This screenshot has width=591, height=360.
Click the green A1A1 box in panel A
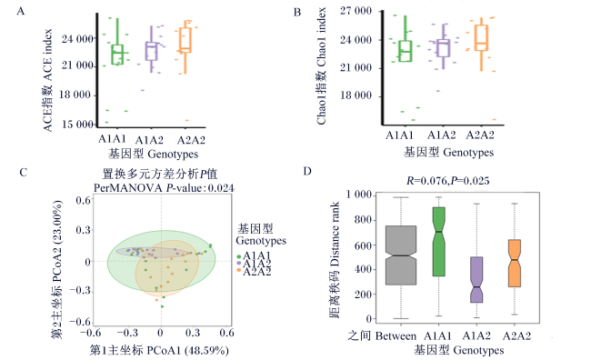[117, 55]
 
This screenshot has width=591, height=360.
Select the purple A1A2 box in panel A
[152, 51]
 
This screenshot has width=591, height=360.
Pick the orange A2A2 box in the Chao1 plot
[481, 37]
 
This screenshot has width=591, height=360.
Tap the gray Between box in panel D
[401, 255]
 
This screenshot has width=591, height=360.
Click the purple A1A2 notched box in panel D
[476, 279]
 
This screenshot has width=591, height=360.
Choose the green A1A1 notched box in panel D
[439, 242]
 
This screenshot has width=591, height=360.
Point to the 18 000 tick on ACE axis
[75, 95]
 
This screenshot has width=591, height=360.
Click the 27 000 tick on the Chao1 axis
[356, 11]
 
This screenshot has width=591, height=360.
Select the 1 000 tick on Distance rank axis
[359, 195]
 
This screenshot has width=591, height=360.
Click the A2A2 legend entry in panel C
[254, 272]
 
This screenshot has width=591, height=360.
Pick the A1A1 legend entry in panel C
[254, 255]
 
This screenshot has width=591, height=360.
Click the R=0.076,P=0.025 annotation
[447, 181]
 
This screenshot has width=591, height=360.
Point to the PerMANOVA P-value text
[164, 188]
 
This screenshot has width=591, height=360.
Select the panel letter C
[23, 173]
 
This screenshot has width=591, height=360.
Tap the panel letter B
[297, 13]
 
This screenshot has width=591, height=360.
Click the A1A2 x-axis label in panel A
[149, 140]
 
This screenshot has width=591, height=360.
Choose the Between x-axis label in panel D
[382, 335]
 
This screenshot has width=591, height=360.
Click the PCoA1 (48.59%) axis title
[159, 350]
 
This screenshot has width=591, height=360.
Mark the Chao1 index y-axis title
[322, 66]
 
